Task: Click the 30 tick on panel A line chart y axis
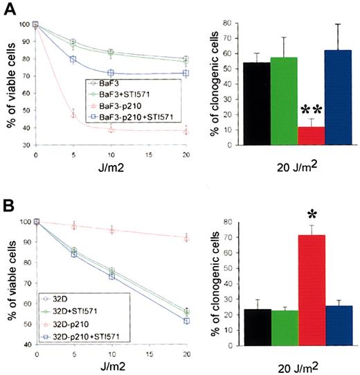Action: tap(25, 145)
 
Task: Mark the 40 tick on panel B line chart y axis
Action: tap(25, 344)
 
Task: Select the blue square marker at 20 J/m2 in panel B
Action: tap(186, 321)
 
